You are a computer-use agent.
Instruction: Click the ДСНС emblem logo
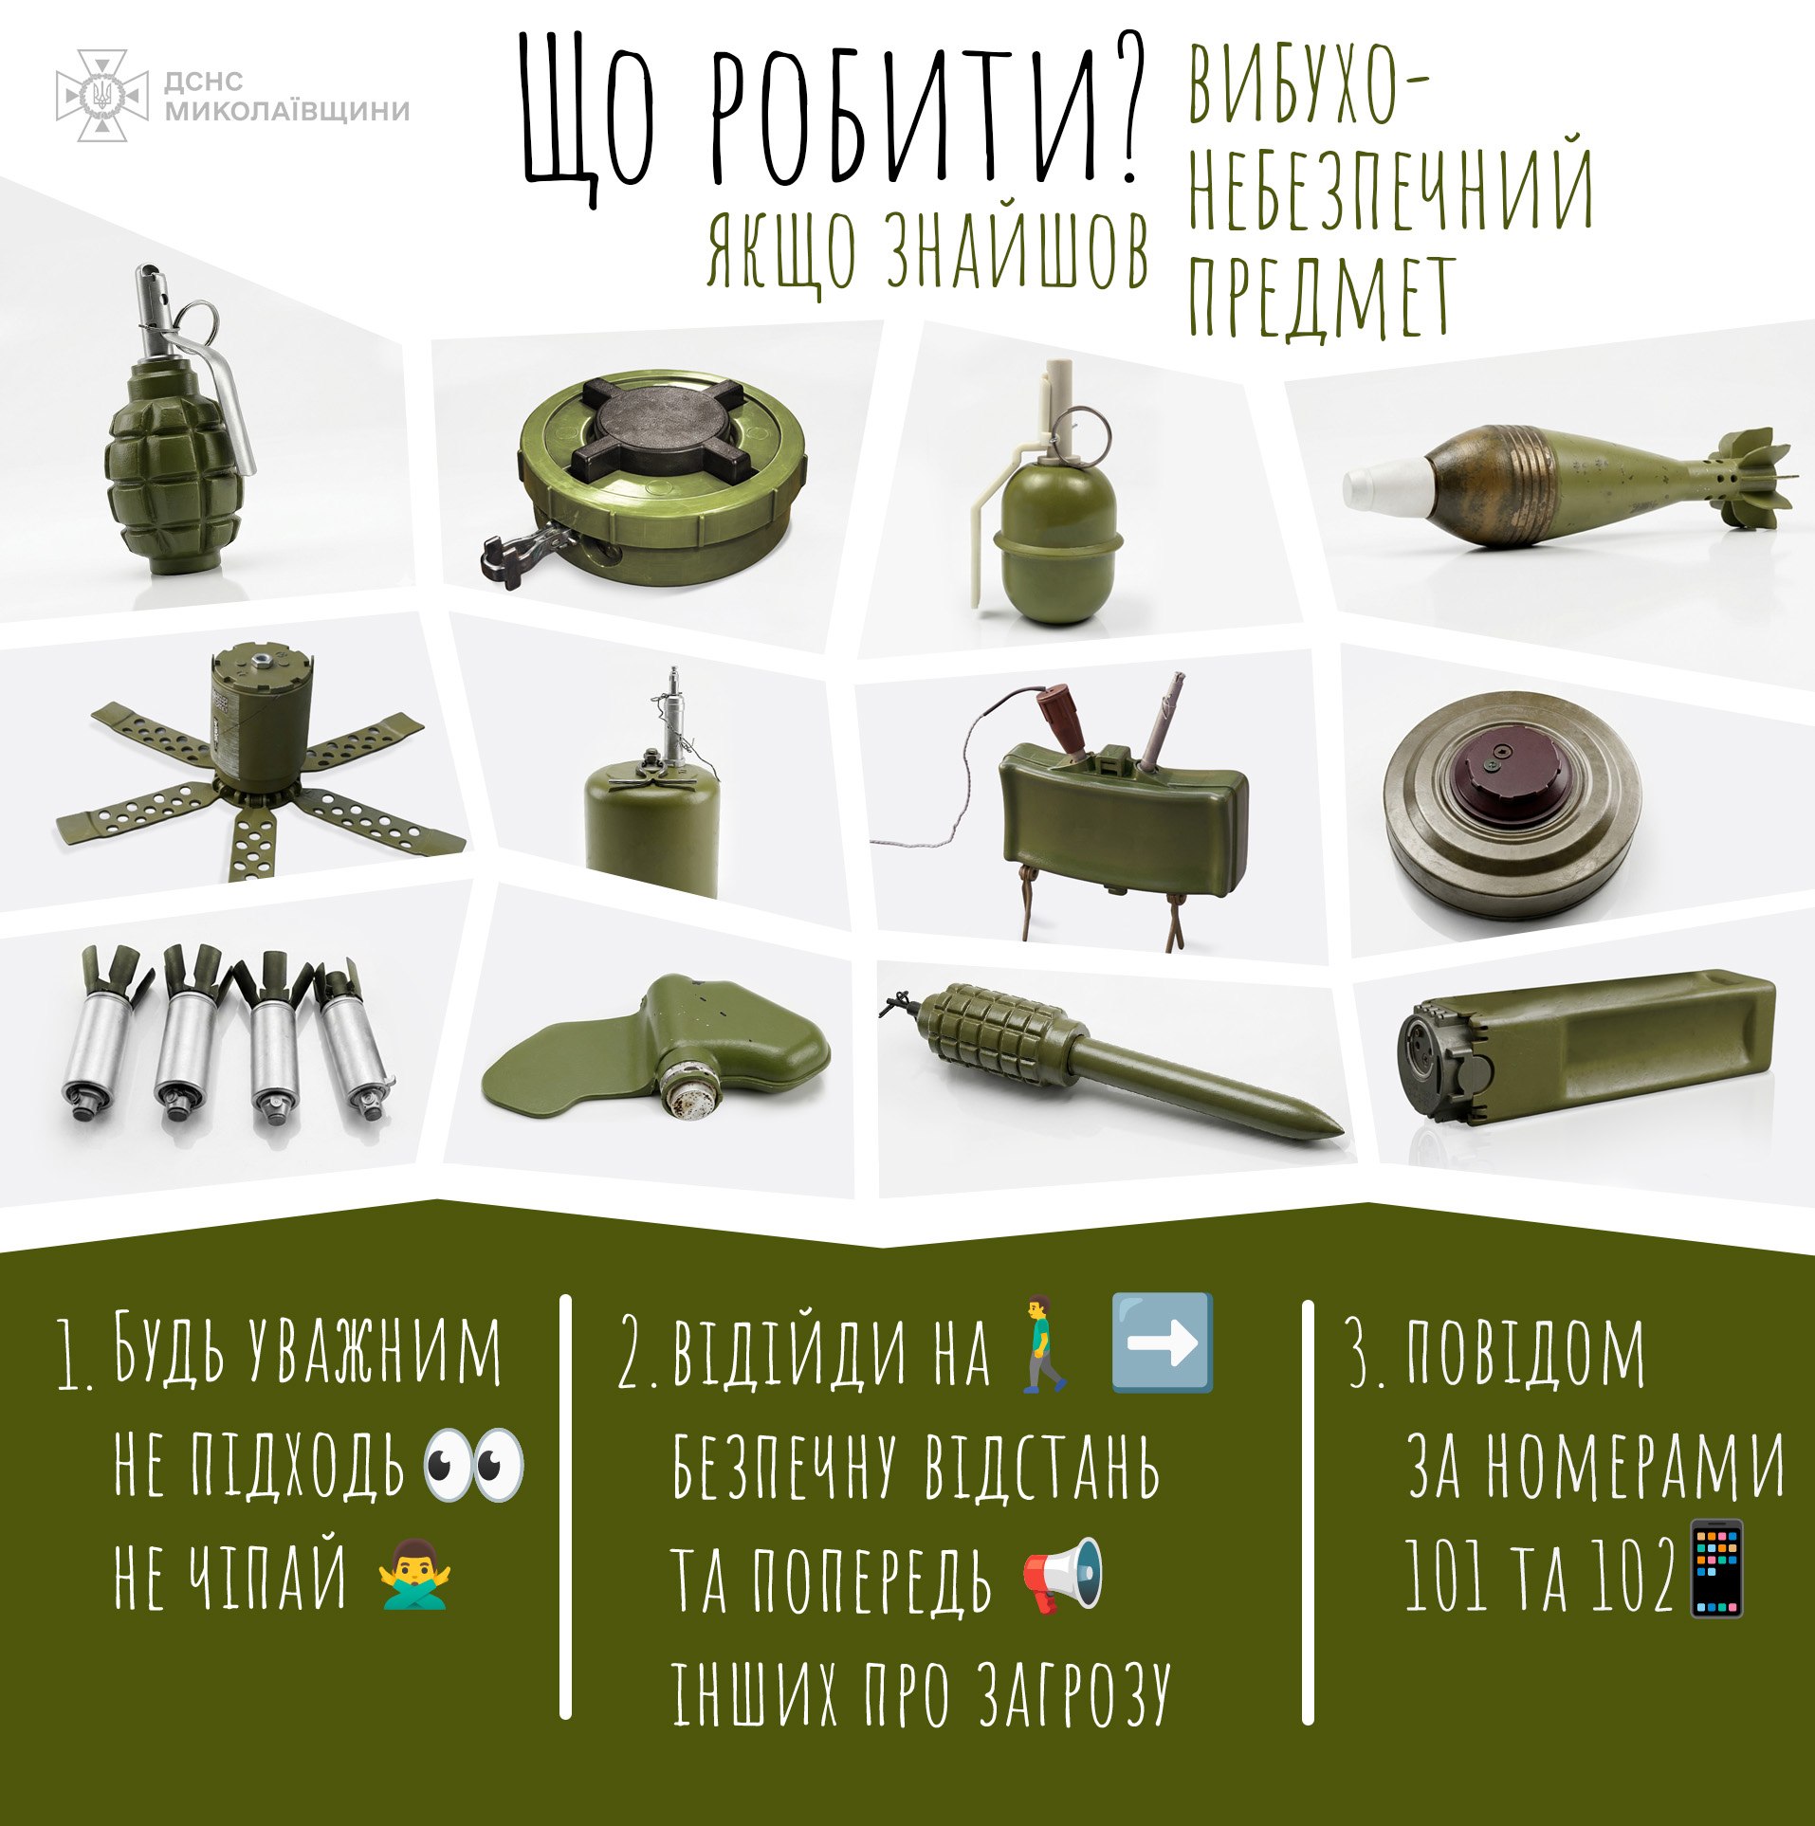click(x=102, y=96)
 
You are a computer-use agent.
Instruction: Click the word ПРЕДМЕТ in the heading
click(x=1322, y=296)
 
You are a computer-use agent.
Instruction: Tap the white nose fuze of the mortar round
click(x=1386, y=486)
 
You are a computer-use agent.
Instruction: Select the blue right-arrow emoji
click(x=1162, y=1342)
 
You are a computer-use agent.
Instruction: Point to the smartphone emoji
click(x=1718, y=1568)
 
